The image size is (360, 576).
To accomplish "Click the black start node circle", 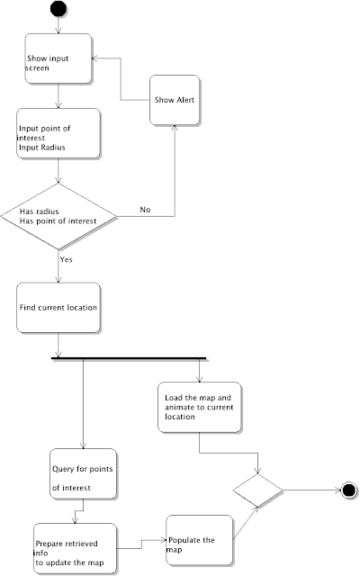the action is [x=58, y=9].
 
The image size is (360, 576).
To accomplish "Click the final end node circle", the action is [x=348, y=490].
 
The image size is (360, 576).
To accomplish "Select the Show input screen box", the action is [x=58, y=58].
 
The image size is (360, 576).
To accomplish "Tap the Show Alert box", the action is [x=175, y=100].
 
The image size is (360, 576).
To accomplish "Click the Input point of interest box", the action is [x=58, y=133].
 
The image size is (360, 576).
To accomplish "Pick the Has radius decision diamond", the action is [x=58, y=216].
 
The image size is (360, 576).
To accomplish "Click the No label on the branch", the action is [x=145, y=210].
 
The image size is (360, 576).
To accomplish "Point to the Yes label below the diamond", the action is [x=66, y=259].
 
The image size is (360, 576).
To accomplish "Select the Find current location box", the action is [x=58, y=308].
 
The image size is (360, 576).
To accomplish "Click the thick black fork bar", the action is [x=129, y=358].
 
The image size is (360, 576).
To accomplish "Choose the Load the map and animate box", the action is [x=200, y=407].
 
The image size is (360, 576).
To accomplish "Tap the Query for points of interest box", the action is [x=83, y=473].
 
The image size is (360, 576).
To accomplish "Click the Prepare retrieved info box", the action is [x=75, y=548].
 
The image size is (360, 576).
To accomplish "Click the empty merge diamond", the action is [x=258, y=490].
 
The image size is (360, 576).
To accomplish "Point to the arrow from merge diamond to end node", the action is [x=311, y=490].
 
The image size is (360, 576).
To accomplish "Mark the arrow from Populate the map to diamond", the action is [x=246, y=523].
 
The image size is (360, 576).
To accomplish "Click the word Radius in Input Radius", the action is [x=53, y=148].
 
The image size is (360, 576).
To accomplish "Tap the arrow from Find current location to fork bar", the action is [x=58, y=345].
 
